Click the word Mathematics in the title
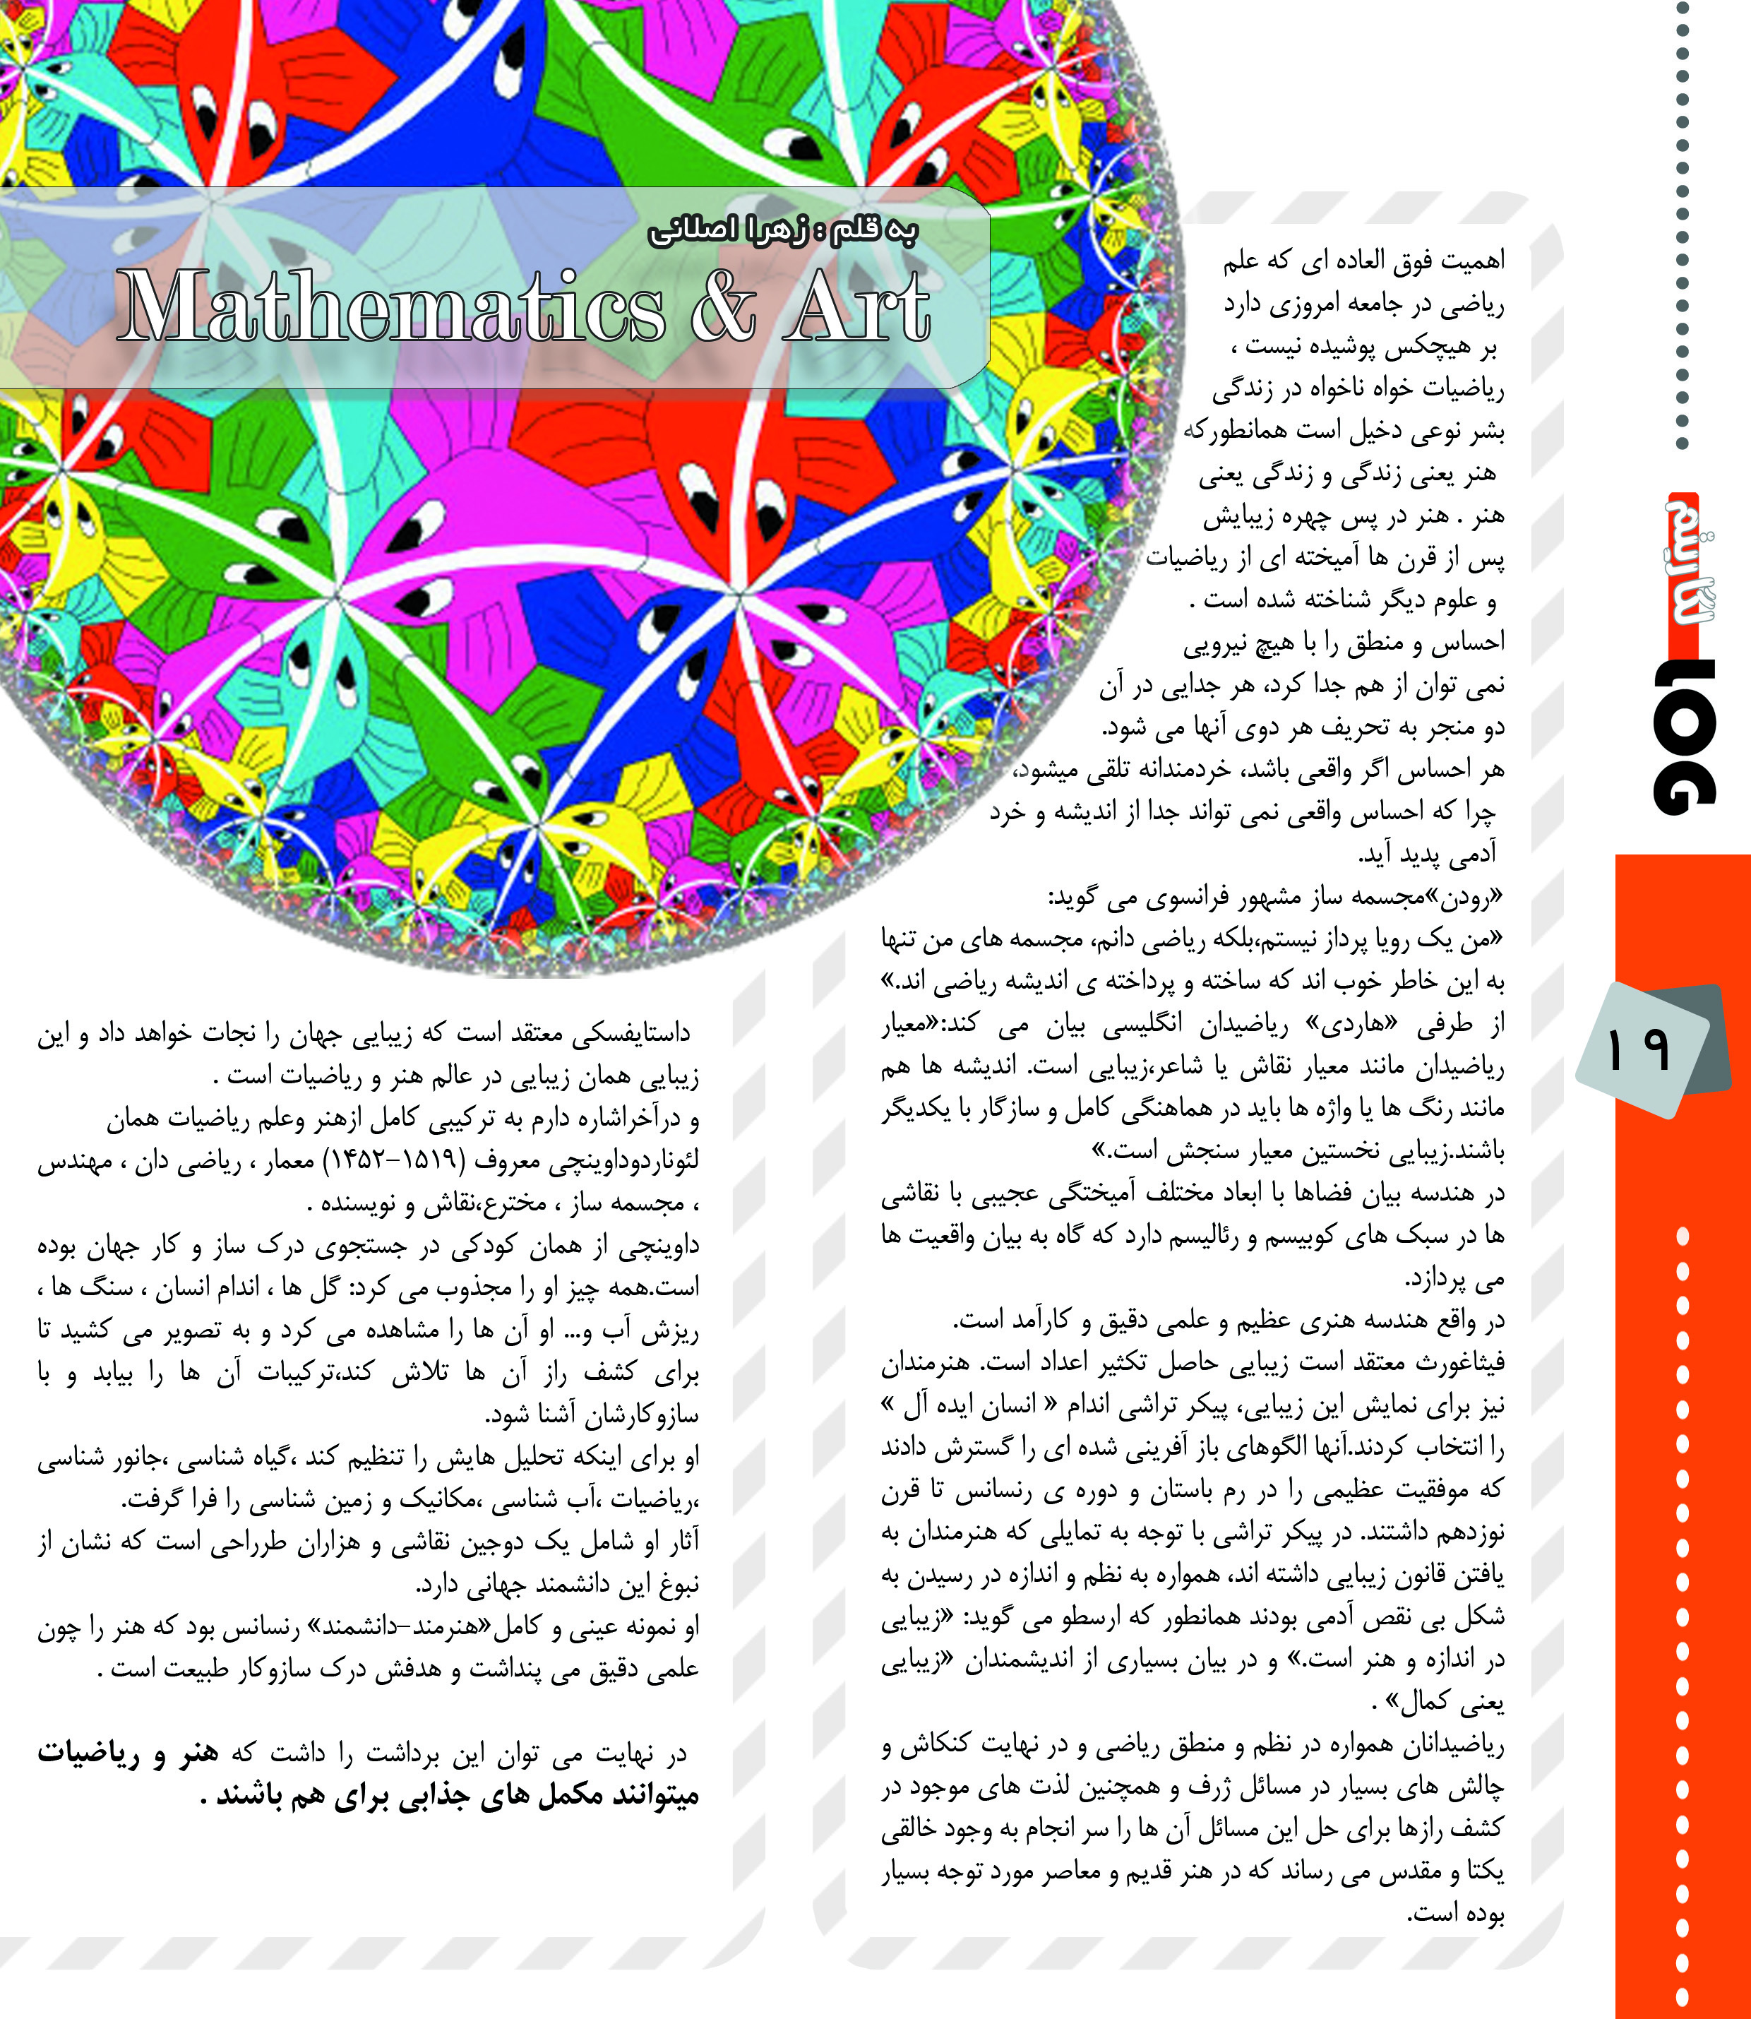(x=391, y=306)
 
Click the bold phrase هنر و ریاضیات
(x=128, y=1754)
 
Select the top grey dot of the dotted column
(x=1683, y=8)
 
